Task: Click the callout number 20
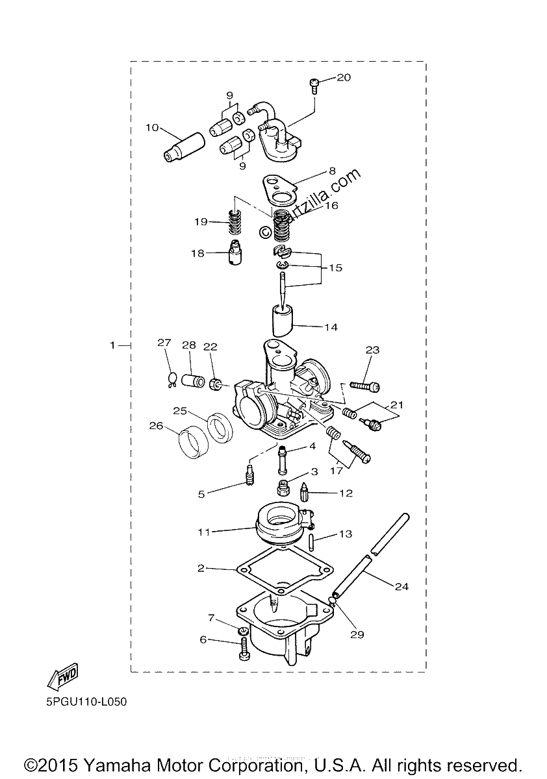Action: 344,77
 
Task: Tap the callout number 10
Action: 152,128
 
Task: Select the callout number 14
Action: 331,327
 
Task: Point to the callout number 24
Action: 401,587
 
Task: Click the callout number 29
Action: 357,635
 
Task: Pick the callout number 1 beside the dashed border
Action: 112,345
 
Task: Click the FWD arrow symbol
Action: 63,676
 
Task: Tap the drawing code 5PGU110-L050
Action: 86,702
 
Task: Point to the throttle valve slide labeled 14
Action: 282,320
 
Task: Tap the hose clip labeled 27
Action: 172,379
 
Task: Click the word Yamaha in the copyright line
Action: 116,765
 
